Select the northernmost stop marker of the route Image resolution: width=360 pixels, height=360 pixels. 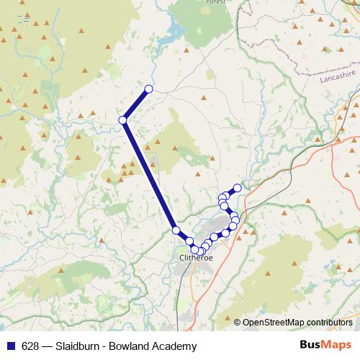148,89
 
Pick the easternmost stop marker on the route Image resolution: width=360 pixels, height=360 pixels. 237,188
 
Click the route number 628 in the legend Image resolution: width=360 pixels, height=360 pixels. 31,346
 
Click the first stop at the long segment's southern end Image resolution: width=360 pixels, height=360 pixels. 176,230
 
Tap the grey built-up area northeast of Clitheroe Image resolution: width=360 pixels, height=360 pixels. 219,222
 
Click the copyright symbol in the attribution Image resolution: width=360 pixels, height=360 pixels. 237,322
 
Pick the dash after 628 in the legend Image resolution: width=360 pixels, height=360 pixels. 48,346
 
